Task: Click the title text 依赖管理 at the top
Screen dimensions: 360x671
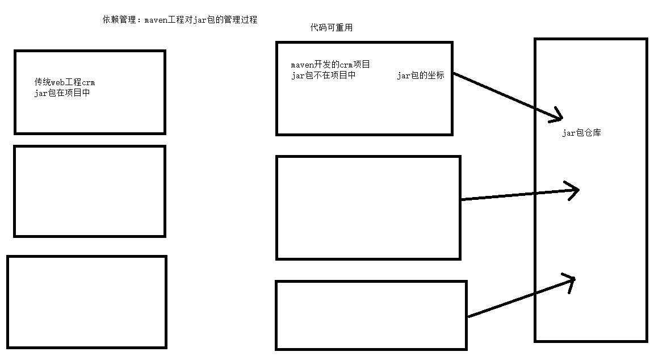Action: [x=120, y=20]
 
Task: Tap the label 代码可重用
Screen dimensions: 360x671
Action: [x=331, y=27]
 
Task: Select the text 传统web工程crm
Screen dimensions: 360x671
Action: [x=64, y=82]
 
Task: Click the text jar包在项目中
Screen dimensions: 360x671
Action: [x=62, y=93]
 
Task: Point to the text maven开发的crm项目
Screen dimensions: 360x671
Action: [x=330, y=65]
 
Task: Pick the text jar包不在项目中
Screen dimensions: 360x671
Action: [x=323, y=76]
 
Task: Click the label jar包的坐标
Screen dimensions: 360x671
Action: [x=420, y=76]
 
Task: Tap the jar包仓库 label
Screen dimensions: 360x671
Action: [x=581, y=133]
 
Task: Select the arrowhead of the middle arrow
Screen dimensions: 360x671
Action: [x=576, y=190]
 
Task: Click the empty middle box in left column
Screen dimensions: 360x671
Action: [x=90, y=191]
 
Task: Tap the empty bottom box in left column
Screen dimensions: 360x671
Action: [x=87, y=302]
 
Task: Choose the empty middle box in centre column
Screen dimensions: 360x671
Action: [x=368, y=208]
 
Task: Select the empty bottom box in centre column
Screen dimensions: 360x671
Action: [x=371, y=315]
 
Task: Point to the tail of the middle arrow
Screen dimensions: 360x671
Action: [x=463, y=199]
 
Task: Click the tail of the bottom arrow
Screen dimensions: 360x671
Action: [x=469, y=316]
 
